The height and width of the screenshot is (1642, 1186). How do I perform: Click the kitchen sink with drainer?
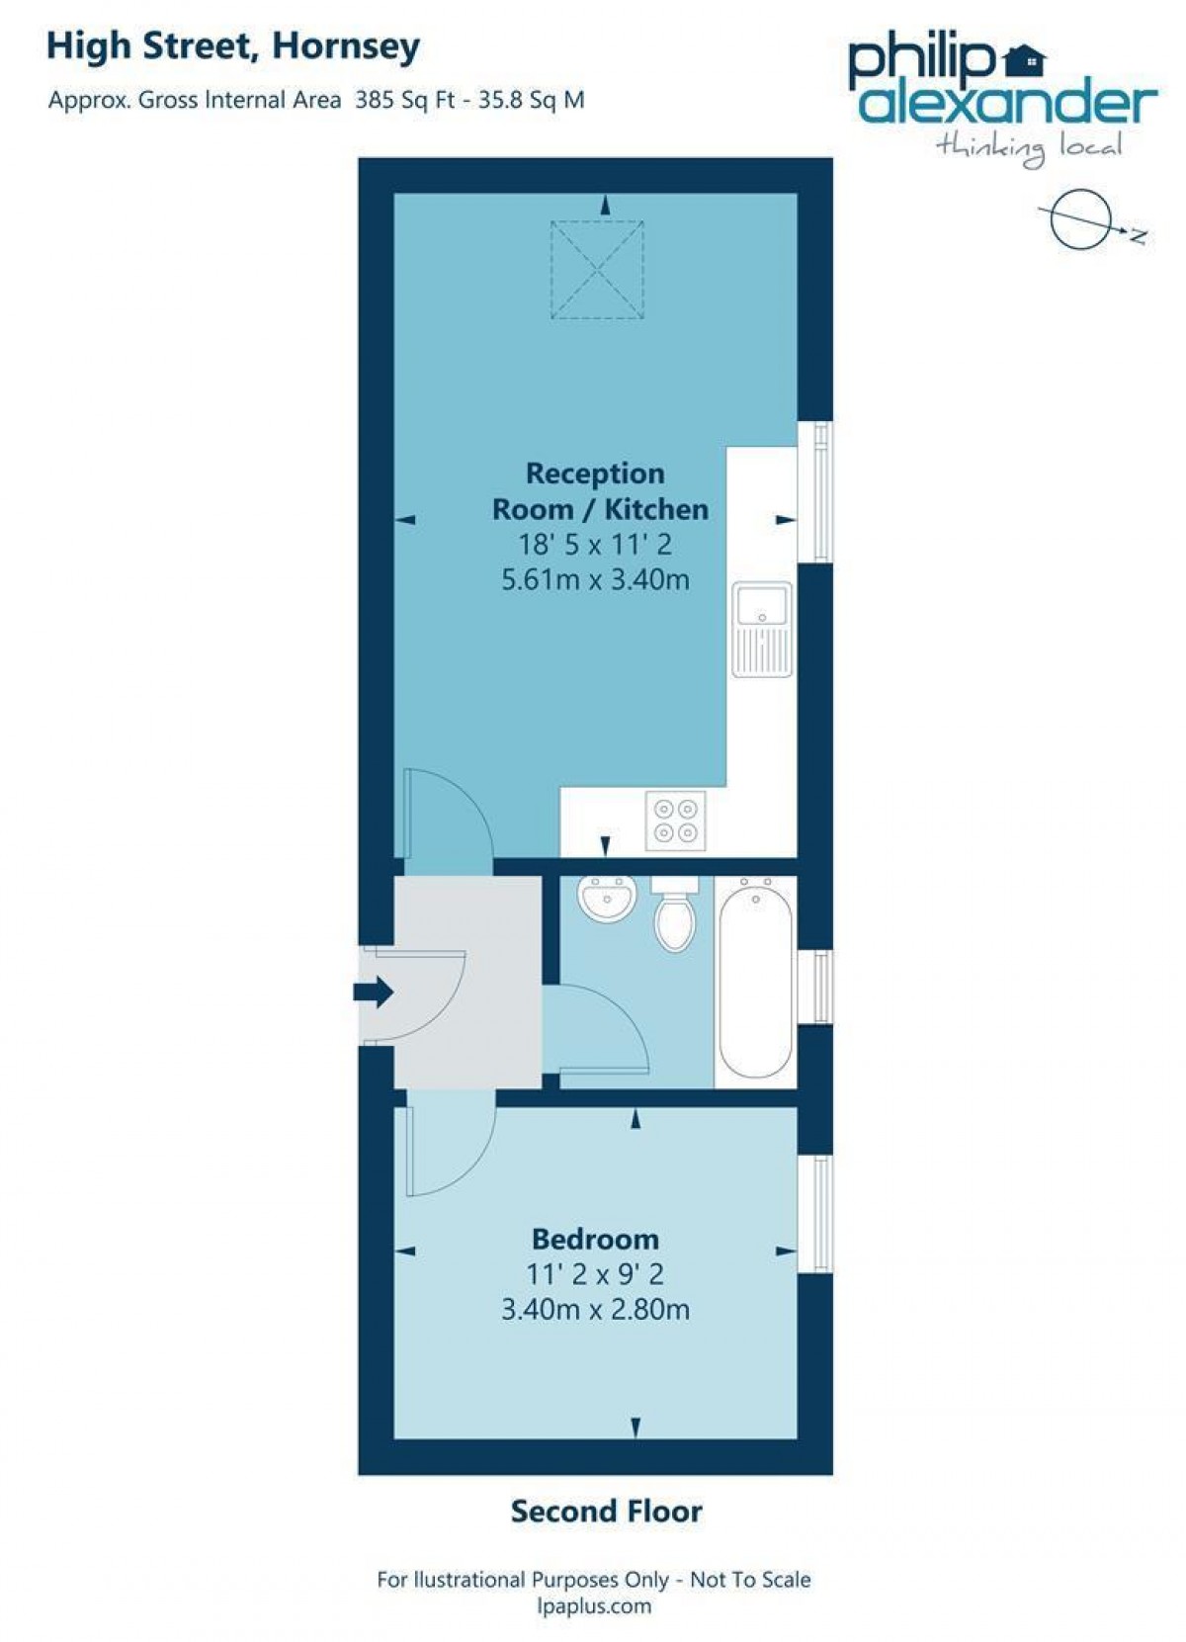(x=762, y=630)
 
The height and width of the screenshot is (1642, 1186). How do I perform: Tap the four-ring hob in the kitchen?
(x=675, y=821)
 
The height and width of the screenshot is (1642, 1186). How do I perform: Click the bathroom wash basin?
(x=606, y=898)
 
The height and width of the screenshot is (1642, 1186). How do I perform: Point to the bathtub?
(x=755, y=983)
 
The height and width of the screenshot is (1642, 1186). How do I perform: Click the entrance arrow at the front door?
(x=374, y=992)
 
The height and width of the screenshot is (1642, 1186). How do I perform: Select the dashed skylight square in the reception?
(x=597, y=270)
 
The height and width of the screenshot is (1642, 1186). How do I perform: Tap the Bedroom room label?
(x=595, y=1239)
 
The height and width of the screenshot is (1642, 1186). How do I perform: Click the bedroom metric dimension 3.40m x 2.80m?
(x=595, y=1310)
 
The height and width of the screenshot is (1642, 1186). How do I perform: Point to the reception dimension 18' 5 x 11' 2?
(x=595, y=545)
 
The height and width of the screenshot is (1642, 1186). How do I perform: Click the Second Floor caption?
(x=606, y=1511)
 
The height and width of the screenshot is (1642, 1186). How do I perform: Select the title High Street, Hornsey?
(x=233, y=46)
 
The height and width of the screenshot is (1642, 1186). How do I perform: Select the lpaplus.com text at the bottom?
(x=594, y=1606)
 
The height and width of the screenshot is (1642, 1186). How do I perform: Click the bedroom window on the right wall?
(x=815, y=1213)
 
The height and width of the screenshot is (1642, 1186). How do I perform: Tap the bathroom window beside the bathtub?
(x=815, y=986)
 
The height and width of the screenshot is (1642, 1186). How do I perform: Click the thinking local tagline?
(x=1029, y=148)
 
